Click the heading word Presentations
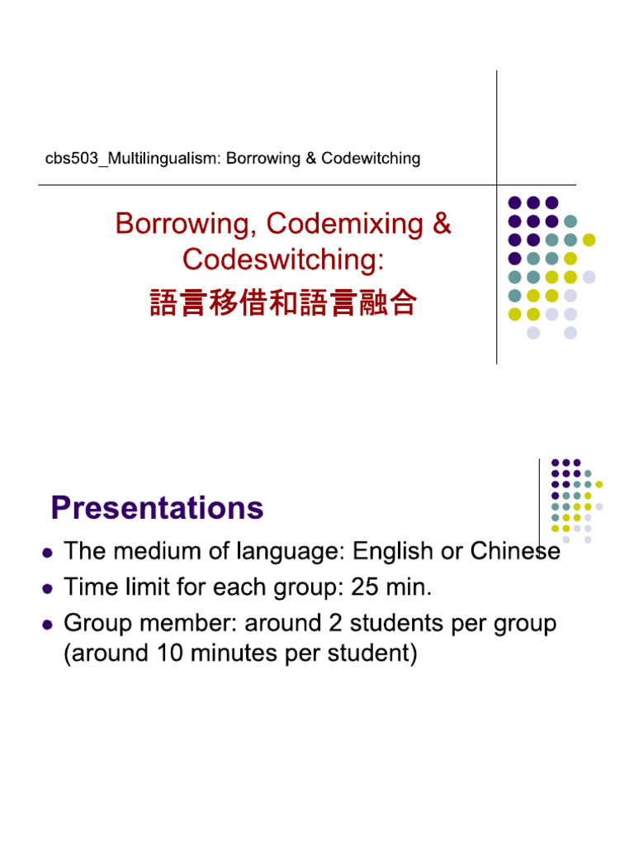pyautogui.click(x=157, y=507)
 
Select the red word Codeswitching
pyautogui.click(x=283, y=259)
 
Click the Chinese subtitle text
pyautogui.click(x=283, y=303)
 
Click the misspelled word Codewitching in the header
pyautogui.click(x=371, y=158)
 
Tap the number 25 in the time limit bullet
pyautogui.click(x=366, y=587)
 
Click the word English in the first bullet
pyautogui.click(x=394, y=551)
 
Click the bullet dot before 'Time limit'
pyautogui.click(x=48, y=589)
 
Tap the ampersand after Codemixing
pyautogui.click(x=442, y=224)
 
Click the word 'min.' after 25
pyautogui.click(x=410, y=587)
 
